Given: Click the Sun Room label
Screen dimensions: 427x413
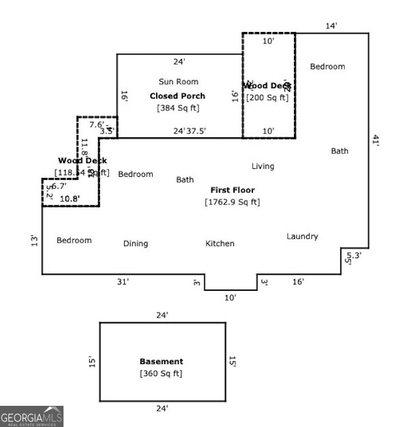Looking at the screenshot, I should click(x=178, y=82).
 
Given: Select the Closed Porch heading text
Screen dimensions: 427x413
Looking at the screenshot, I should click(x=177, y=96).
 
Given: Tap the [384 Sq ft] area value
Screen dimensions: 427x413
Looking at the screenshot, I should click(x=178, y=108).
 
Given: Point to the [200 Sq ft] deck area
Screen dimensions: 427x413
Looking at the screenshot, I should click(x=267, y=97).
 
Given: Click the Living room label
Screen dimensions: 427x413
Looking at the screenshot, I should click(x=263, y=166).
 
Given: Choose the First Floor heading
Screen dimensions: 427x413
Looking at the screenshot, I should click(x=232, y=190).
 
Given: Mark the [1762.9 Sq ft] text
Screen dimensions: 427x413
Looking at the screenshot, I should click(x=232, y=201).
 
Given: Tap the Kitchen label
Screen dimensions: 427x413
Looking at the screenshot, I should click(x=220, y=243).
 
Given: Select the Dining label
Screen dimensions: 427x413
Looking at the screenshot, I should click(x=136, y=243).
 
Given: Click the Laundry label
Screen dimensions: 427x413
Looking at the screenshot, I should click(x=302, y=236).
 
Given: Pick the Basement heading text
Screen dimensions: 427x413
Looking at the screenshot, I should click(x=161, y=361).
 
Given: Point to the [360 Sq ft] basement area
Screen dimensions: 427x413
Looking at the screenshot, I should click(x=161, y=373).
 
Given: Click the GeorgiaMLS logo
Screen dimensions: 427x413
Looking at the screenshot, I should click(x=31, y=416).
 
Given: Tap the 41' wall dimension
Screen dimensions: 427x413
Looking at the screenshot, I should click(x=376, y=141).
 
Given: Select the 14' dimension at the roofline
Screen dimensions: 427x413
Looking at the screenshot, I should click(x=332, y=26).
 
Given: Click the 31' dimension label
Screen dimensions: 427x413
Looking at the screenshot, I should click(x=123, y=281).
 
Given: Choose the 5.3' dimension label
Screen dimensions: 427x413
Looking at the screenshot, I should click(x=355, y=255).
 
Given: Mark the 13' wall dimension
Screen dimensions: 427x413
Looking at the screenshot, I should click(x=34, y=240).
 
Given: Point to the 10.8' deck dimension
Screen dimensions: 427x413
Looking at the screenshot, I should click(x=70, y=199).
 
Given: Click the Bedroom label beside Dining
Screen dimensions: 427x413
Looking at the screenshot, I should click(x=74, y=240).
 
